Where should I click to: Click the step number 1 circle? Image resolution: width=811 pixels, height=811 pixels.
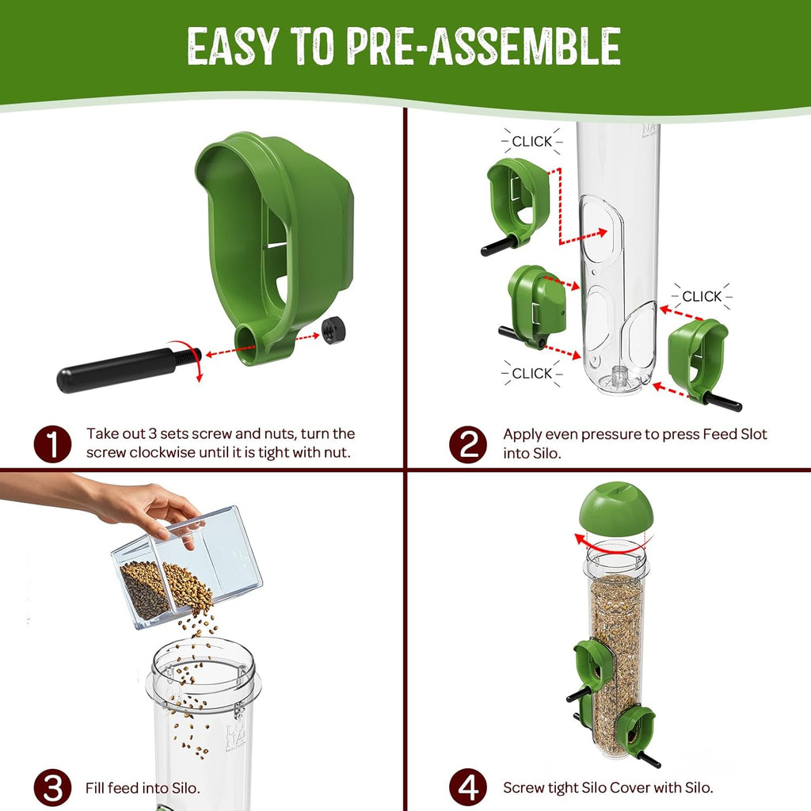52,444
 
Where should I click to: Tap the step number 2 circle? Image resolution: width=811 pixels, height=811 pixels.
467,444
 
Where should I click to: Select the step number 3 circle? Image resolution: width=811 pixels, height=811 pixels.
52,788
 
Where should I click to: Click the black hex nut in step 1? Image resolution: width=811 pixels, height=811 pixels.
333,329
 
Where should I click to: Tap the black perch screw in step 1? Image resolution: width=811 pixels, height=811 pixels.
128,368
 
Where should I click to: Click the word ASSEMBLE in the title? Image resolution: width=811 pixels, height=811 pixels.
524,47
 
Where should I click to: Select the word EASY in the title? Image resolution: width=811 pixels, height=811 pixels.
233,47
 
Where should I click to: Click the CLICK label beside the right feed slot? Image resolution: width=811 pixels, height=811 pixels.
702,296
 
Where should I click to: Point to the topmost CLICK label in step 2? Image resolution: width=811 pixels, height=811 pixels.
531,141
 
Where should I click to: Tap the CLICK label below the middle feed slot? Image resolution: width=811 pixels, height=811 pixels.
531,373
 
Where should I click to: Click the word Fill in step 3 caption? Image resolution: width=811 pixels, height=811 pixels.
95,788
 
